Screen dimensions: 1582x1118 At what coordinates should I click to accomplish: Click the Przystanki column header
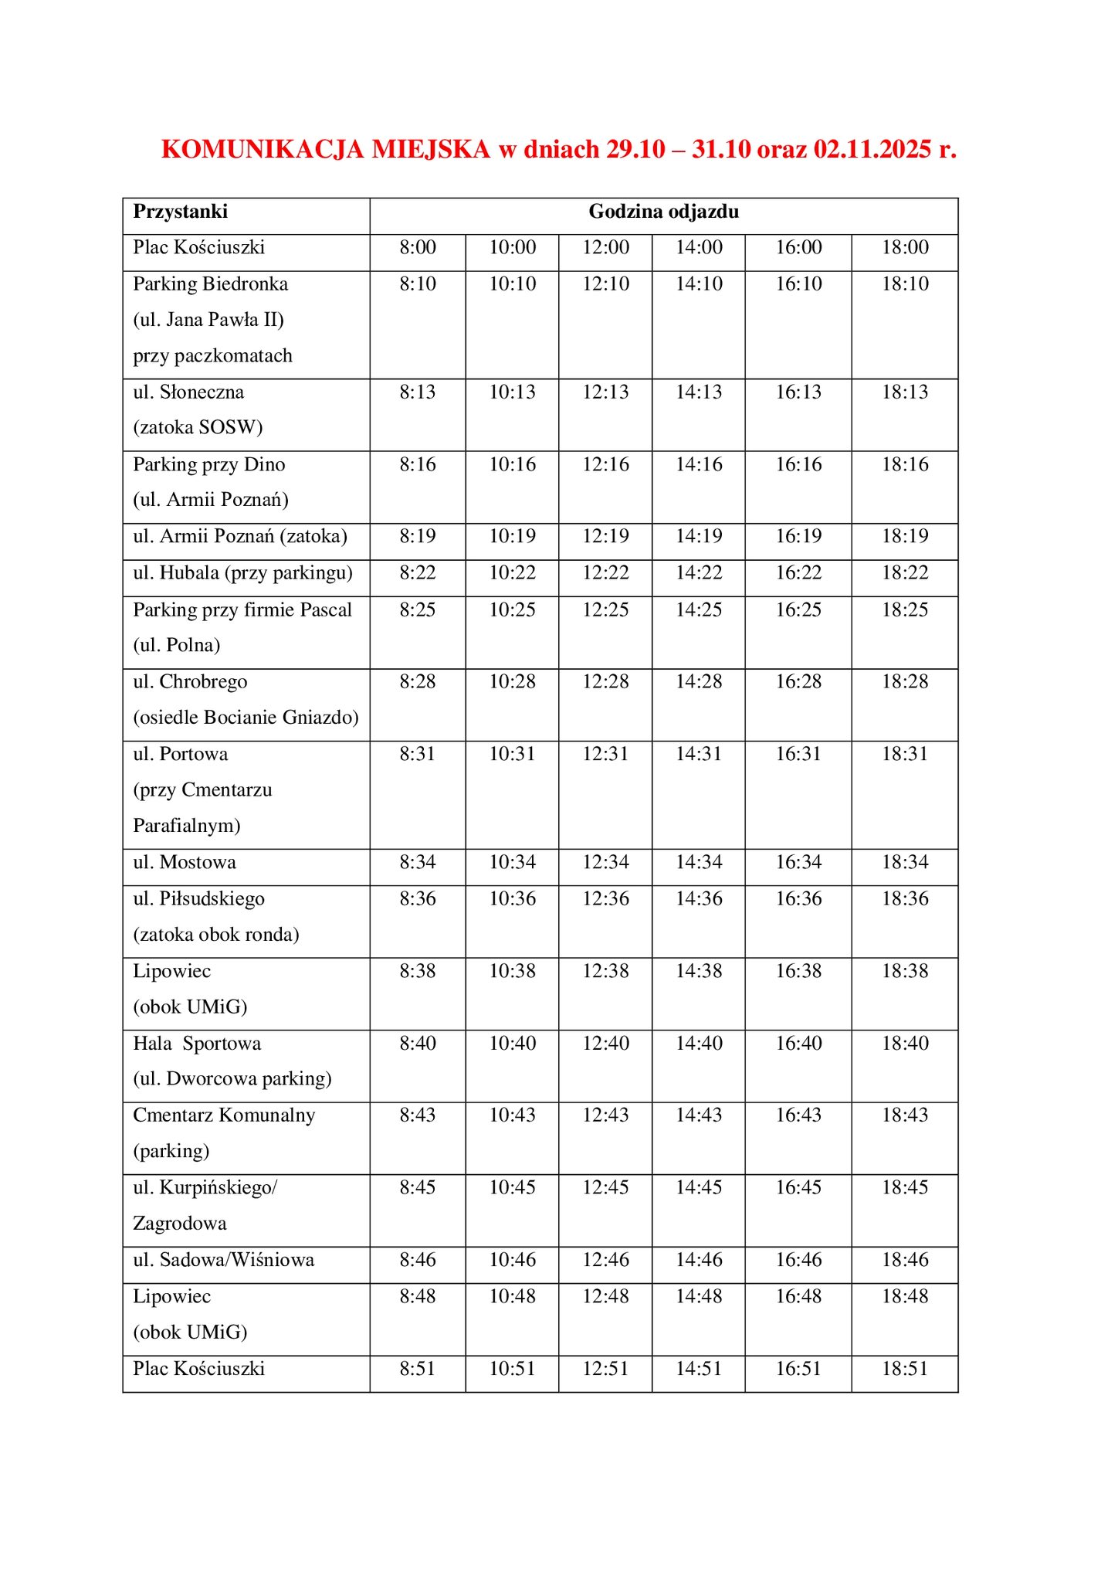pyautogui.click(x=180, y=212)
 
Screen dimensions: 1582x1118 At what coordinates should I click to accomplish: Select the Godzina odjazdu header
pyautogui.click(x=663, y=212)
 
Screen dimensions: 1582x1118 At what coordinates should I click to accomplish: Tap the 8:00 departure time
pyautogui.click(x=418, y=248)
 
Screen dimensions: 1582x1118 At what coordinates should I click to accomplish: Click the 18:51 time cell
pyautogui.click(x=905, y=1369)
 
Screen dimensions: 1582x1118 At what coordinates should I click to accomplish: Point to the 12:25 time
pyautogui.click(x=605, y=610)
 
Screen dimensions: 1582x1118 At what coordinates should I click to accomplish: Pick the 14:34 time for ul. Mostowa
pyautogui.click(x=699, y=863)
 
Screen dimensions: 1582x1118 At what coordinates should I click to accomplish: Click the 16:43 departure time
pyautogui.click(x=798, y=1115)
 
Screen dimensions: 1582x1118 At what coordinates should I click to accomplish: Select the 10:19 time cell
pyautogui.click(x=512, y=537)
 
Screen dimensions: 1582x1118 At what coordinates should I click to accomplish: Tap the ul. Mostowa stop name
pyautogui.click(x=185, y=863)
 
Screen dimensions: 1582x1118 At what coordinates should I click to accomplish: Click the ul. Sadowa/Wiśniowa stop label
pyautogui.click(x=224, y=1261)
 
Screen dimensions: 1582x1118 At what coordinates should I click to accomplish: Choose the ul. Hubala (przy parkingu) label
pyautogui.click(x=242, y=573)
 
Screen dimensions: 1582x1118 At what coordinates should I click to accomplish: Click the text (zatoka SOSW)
pyautogui.click(x=198, y=427)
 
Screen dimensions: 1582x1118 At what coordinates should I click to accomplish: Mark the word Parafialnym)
pyautogui.click(x=187, y=826)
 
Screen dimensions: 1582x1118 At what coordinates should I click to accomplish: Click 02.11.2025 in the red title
pyautogui.click(x=872, y=149)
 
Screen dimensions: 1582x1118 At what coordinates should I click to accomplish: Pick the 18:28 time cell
pyautogui.click(x=905, y=682)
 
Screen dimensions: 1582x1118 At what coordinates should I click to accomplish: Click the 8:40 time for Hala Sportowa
pyautogui.click(x=418, y=1044)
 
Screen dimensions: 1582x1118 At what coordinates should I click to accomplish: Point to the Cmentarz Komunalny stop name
pyautogui.click(x=224, y=1115)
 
